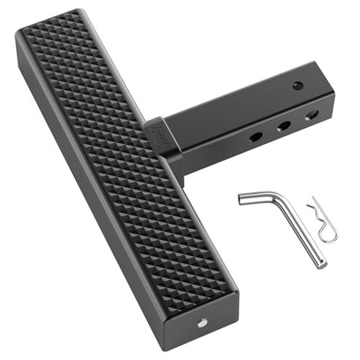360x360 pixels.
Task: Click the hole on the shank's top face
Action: pyautogui.click(x=297, y=86)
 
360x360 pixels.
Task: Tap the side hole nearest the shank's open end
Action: pyautogui.click(x=311, y=115)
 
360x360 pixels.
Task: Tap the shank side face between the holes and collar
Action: pyautogui.click(x=211, y=145)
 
